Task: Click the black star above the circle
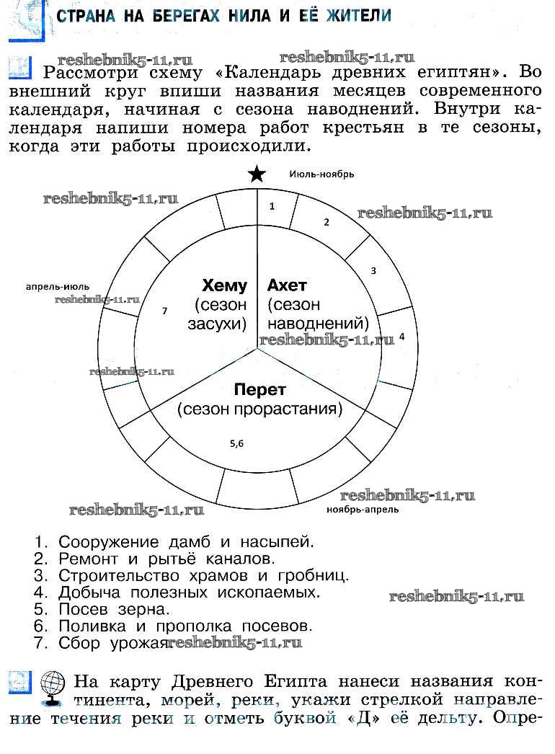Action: tap(257, 174)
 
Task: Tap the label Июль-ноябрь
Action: tap(321, 174)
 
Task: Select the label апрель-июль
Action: tap(58, 286)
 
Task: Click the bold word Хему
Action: tap(224, 285)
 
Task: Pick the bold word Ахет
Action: tap(287, 285)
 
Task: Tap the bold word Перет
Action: tap(259, 390)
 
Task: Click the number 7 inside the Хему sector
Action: tap(165, 311)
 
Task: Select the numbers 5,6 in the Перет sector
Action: tap(237, 444)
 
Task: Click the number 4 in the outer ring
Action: tap(401, 337)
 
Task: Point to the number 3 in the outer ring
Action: tap(373, 271)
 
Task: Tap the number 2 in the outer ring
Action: tap(326, 222)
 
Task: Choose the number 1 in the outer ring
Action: tap(272, 206)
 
